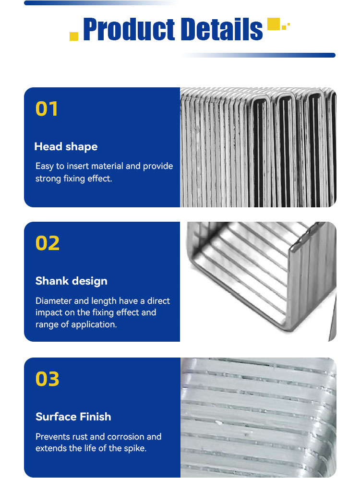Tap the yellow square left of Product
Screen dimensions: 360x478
74,36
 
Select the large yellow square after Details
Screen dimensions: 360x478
274,24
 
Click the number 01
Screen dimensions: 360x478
47,109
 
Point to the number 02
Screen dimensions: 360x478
48,243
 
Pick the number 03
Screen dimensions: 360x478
47,379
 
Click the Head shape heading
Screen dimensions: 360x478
66,147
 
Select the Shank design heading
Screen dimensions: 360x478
72,281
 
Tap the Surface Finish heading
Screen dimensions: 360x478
73,417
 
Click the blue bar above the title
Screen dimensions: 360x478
102,3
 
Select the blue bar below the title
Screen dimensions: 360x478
258,55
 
